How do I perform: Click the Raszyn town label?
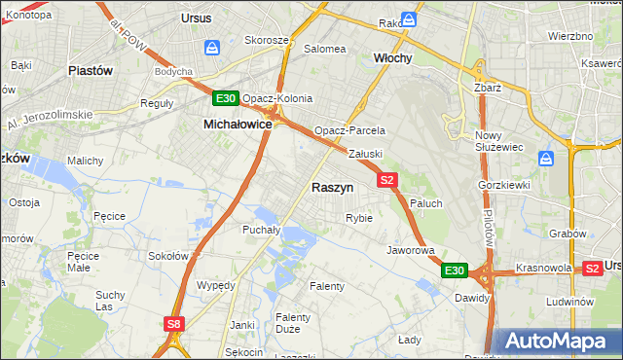tap(332, 186)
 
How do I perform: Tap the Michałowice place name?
tap(237, 125)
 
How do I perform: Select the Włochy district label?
tap(393, 58)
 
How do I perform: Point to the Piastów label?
tap(91, 71)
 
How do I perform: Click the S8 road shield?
tap(173, 324)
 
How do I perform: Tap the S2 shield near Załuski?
tap(387, 180)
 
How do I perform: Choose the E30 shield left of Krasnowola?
tap(454, 270)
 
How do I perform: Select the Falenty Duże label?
tap(292, 324)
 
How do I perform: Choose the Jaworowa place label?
tap(410, 250)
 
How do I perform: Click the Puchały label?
tap(261, 231)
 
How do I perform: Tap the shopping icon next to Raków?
tap(410, 19)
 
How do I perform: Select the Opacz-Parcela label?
tap(349, 130)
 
